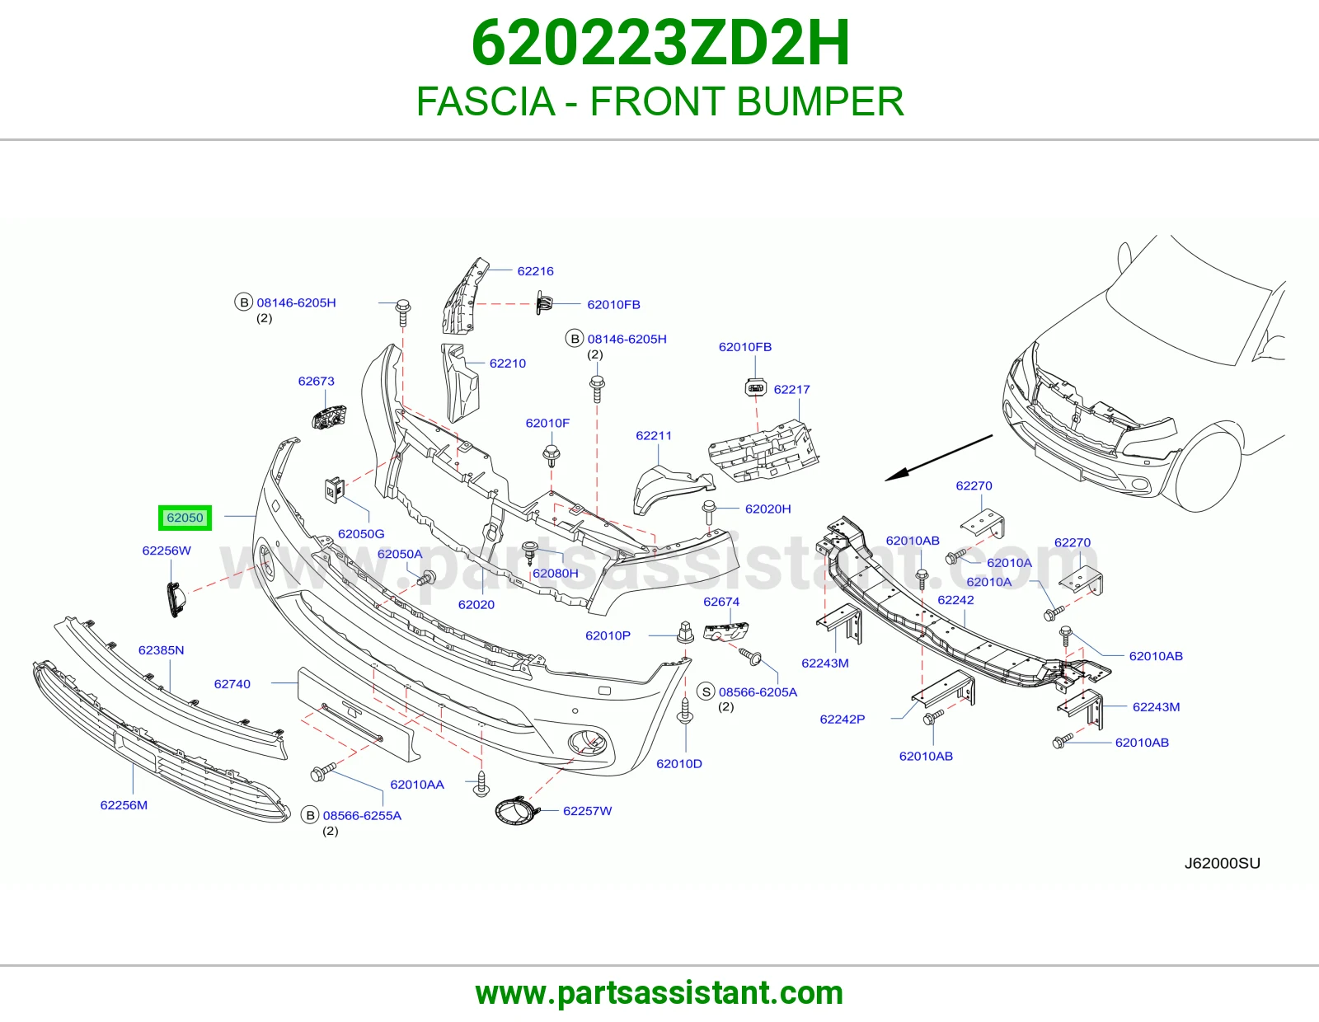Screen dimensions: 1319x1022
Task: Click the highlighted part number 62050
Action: (x=185, y=518)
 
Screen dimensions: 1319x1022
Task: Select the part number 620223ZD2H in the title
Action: (x=660, y=43)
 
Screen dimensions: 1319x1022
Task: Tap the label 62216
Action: (x=535, y=271)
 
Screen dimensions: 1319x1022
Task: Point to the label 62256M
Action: (x=124, y=804)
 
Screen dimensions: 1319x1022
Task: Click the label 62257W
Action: (x=587, y=811)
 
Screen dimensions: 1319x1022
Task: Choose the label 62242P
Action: (x=842, y=720)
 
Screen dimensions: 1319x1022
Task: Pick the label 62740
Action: (x=232, y=684)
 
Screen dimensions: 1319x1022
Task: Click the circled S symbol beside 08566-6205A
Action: (x=706, y=691)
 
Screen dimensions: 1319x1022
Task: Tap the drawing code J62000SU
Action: (x=1222, y=863)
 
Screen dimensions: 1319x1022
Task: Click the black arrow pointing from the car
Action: (x=938, y=457)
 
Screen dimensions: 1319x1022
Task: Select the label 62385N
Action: (x=161, y=650)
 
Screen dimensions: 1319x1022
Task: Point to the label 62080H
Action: (x=555, y=573)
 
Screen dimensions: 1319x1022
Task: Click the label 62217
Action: (x=791, y=390)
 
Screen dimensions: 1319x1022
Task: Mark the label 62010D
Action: (x=678, y=763)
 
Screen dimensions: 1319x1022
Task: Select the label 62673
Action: (x=316, y=381)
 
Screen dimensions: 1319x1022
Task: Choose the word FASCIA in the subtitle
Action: (x=486, y=101)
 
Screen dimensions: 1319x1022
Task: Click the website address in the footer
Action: (x=659, y=993)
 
